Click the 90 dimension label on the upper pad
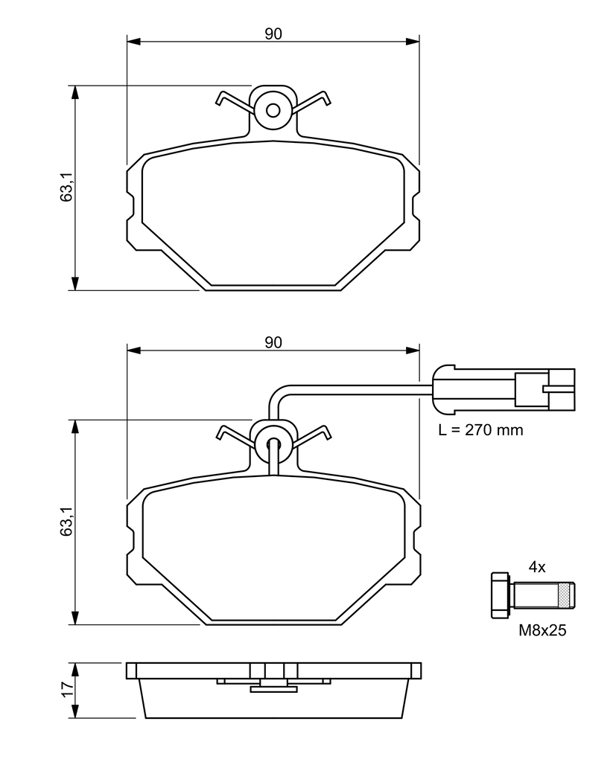click(x=273, y=33)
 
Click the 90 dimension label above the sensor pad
click(x=273, y=342)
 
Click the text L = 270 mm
click(x=480, y=430)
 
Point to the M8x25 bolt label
click(x=543, y=631)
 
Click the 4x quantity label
click(x=537, y=567)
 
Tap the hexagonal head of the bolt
click(x=500, y=595)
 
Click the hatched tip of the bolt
click(x=567, y=595)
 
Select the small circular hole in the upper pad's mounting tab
click(x=273, y=111)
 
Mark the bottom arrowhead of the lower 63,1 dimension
click(x=75, y=618)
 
